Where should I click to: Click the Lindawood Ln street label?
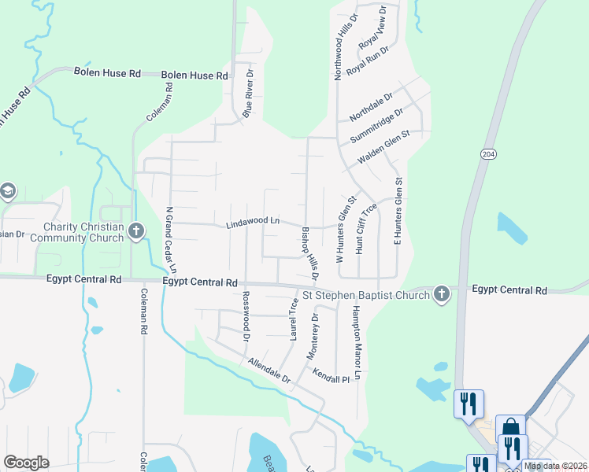pyautogui.click(x=253, y=223)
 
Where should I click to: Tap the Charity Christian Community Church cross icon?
pyautogui.click(x=136, y=231)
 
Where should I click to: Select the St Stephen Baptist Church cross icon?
pyautogui.click(x=442, y=295)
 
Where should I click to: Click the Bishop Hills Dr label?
pyautogui.click(x=309, y=253)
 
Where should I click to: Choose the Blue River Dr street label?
pyautogui.click(x=248, y=94)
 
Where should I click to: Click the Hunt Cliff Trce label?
pyautogui.click(x=366, y=229)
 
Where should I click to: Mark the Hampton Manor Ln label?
pyautogui.click(x=355, y=344)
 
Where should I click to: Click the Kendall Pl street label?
pyautogui.click(x=330, y=377)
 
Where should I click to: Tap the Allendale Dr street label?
pyautogui.click(x=269, y=371)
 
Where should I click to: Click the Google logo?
pyautogui.click(x=27, y=463)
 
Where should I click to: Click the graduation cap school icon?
pyautogui.click(x=7, y=191)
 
